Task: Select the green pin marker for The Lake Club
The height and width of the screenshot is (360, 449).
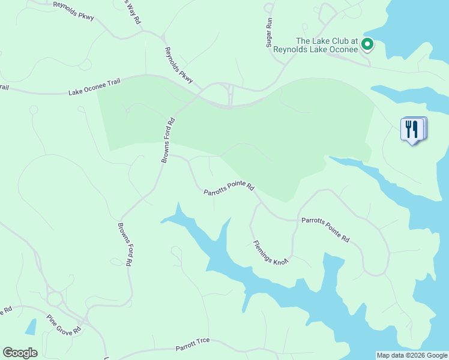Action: [367, 44]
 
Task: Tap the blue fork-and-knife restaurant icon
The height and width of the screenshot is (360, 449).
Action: [412, 129]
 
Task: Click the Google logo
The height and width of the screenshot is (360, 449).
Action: [20, 353]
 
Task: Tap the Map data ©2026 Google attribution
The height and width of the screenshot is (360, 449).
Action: [412, 355]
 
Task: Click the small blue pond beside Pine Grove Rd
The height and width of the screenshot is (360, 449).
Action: [31, 327]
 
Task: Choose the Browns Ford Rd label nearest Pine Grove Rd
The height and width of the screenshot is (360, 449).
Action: [125, 245]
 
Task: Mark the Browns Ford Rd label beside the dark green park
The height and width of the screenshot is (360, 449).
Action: [167, 139]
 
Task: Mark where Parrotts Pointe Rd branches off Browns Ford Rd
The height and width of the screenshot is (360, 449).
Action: [170, 155]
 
